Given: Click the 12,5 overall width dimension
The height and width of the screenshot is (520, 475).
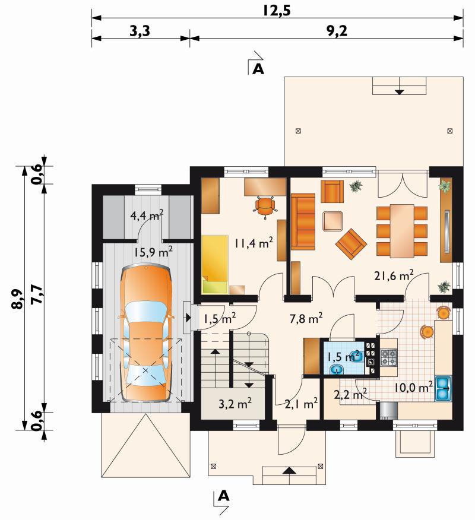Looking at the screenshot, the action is (277, 10).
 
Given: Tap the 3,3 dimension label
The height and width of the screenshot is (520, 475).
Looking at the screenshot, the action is (140, 31).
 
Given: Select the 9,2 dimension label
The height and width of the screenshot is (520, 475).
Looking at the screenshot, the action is (337, 31).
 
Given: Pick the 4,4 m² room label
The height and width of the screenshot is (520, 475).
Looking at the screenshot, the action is (147, 215).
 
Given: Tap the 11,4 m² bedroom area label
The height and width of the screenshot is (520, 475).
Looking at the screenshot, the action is (254, 243).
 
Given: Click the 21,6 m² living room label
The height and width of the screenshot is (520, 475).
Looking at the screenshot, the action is (394, 275).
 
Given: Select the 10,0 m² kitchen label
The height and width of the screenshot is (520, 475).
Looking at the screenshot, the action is (413, 387).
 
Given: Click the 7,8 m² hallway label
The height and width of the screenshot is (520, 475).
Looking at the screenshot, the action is (306, 319).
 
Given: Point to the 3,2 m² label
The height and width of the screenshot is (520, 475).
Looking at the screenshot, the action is (235, 404).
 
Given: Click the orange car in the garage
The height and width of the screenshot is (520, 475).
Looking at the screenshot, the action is (146, 332).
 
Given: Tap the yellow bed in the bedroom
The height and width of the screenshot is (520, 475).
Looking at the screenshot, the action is (215, 264).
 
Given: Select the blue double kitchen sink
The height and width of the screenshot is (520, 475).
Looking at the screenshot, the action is (443, 388).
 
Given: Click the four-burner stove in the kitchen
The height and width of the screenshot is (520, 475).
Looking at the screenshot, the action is (389, 357).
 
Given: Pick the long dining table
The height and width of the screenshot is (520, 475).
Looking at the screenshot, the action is (402, 231).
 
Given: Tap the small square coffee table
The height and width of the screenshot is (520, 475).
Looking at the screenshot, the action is (332, 221).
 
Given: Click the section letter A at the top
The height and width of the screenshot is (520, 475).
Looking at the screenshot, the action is (258, 69).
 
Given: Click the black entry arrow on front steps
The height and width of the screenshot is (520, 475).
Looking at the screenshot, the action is (290, 470).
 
